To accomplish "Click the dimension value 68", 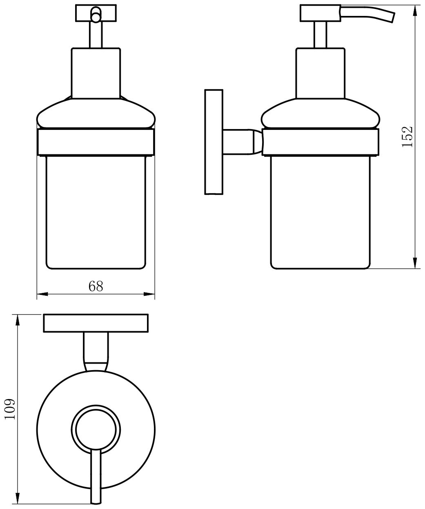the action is point(96,286).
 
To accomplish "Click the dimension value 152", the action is point(407,136).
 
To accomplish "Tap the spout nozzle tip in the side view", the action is point(392,17).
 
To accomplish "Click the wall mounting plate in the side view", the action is point(214,142).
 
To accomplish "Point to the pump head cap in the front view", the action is point(96,13).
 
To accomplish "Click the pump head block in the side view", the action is point(320,13).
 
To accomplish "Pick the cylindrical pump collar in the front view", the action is point(96,73).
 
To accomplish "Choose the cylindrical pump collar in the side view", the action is point(320,73).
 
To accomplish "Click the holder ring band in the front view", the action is point(96,142).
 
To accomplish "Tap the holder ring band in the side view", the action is point(320,142).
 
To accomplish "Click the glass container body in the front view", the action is point(96,212).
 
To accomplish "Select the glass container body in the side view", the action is point(320,212).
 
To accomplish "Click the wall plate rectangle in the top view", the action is point(96,323).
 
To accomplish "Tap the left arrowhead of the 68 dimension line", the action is point(42,294).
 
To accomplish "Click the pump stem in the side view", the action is point(320,35).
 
